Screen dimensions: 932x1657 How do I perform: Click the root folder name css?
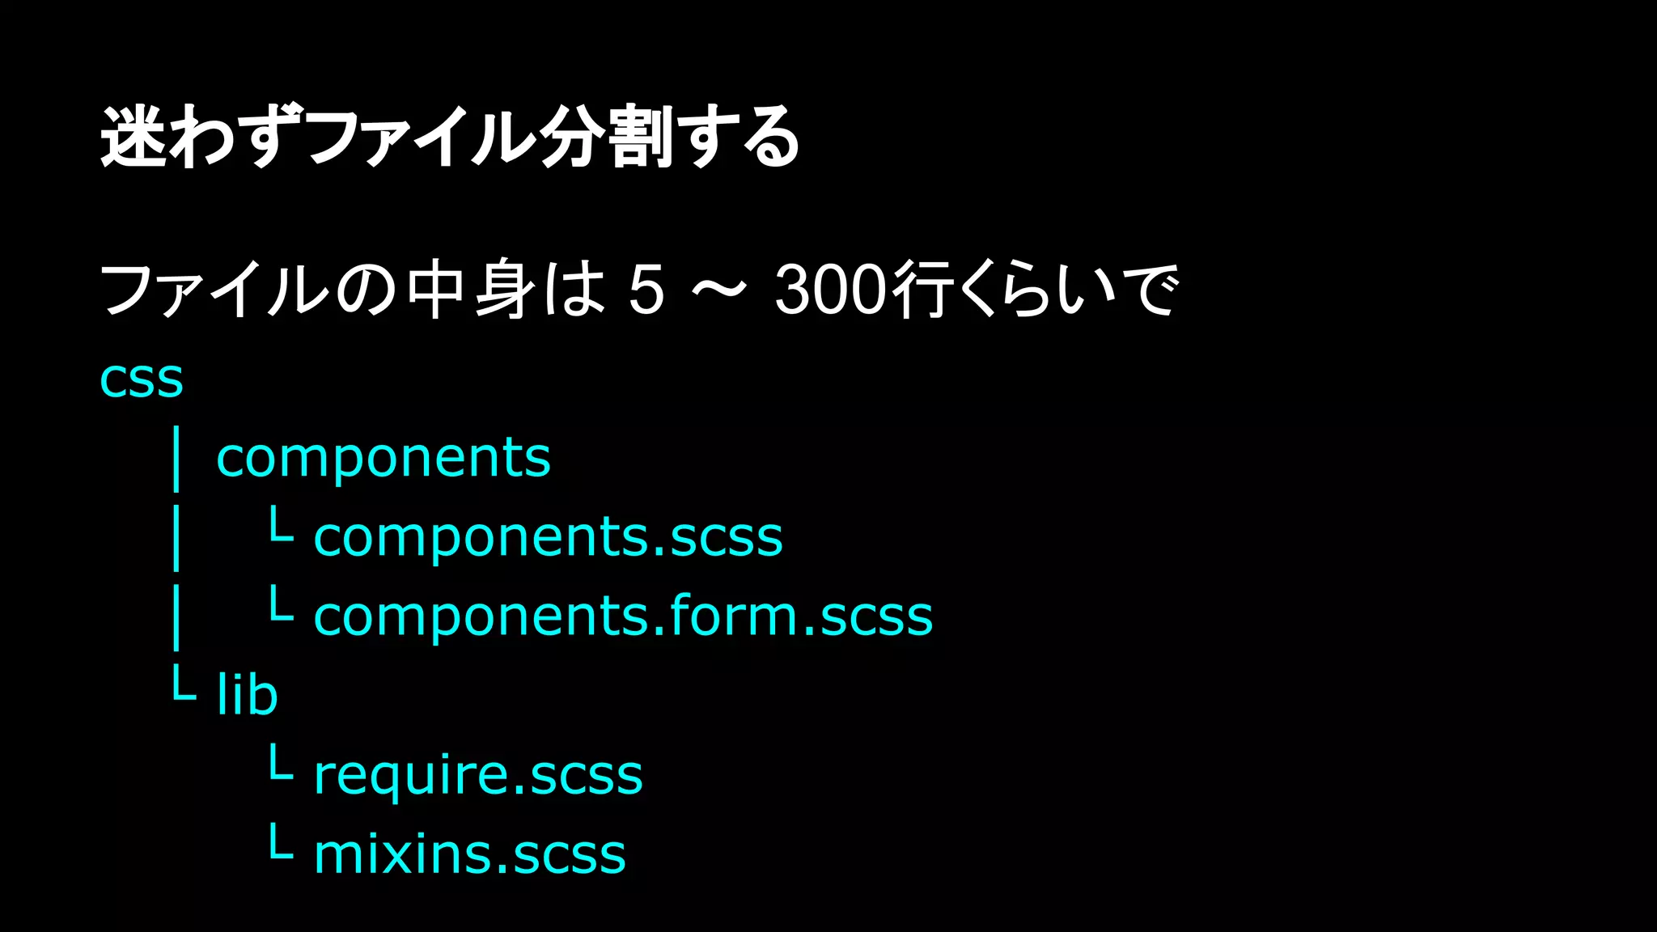142,379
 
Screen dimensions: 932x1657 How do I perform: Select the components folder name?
384,458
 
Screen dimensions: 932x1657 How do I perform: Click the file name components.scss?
548,537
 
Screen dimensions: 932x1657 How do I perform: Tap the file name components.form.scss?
623,616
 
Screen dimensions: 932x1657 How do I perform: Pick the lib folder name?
248,695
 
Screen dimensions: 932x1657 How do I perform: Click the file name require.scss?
477,775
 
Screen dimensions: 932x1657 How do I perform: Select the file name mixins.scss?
469,854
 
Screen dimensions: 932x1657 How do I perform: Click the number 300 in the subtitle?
831,290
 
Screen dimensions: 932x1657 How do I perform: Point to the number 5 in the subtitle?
646,290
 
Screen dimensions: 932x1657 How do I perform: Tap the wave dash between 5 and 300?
719,290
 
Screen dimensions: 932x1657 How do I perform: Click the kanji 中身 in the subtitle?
471,290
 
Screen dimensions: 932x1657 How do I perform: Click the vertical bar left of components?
176,460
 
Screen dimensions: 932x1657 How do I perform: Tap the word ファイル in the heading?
421,138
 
